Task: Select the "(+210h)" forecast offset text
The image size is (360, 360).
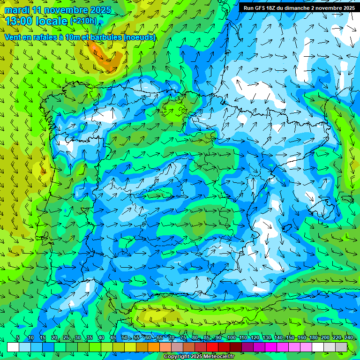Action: click(84, 21)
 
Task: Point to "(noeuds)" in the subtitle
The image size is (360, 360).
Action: click(139, 37)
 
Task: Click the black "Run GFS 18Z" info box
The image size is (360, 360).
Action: click(299, 7)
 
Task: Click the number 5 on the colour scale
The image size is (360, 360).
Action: click(17, 338)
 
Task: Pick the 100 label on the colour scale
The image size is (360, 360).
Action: click(231, 338)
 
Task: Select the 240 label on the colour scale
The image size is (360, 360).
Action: click(349, 338)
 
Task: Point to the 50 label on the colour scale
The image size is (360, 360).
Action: click(125, 338)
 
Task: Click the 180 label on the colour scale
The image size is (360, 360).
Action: click(313, 338)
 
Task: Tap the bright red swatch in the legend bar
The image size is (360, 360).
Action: click(212, 347)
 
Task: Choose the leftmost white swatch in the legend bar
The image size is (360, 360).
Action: click(13, 347)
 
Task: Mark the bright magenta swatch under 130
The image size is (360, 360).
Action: click(271, 347)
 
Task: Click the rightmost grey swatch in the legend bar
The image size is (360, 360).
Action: click(341, 347)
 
